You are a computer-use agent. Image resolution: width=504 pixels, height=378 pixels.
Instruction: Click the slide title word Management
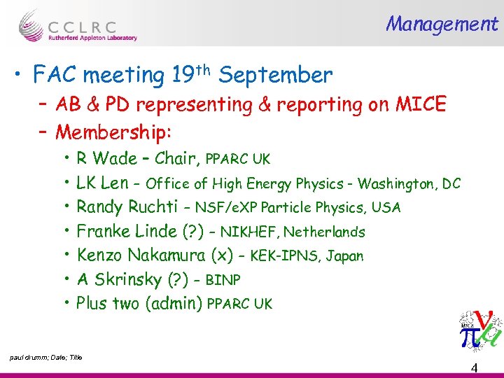coord(442,24)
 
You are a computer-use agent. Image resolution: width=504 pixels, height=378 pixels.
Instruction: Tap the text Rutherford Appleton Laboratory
coord(92,38)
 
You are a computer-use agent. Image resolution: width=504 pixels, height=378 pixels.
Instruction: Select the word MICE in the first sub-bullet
coord(420,105)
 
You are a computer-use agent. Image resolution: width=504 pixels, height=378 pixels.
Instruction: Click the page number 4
coord(474,368)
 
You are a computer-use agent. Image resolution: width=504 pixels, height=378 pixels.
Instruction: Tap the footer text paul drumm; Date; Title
coord(46,358)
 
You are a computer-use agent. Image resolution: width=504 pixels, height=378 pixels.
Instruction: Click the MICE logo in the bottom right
coord(479,330)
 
